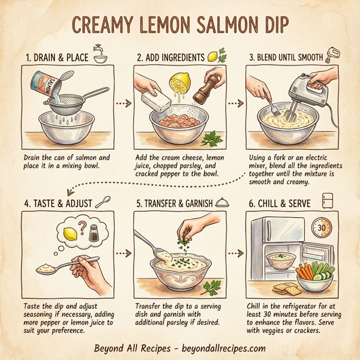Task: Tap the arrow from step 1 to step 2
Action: coord(122,103)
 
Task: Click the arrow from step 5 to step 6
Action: coord(239,252)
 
